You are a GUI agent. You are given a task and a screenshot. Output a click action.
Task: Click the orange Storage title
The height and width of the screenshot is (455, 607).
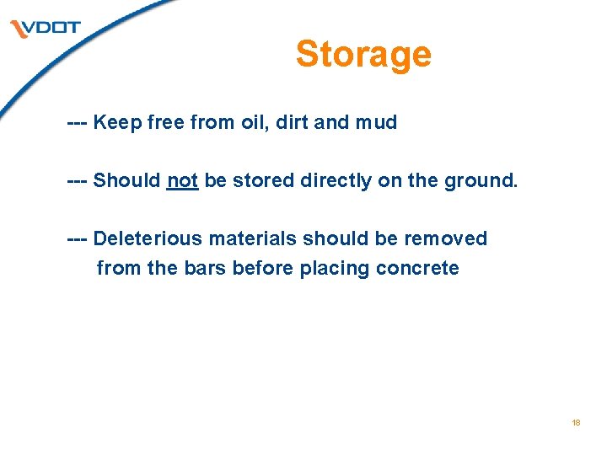tap(363, 54)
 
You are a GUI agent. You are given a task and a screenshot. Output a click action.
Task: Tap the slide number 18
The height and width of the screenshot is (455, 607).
tap(576, 423)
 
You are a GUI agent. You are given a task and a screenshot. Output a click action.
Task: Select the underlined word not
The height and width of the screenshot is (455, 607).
tap(182, 180)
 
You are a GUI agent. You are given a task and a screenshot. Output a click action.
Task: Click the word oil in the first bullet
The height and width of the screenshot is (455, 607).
tap(251, 122)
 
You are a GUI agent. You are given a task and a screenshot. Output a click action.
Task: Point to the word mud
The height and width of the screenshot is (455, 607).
tap(376, 122)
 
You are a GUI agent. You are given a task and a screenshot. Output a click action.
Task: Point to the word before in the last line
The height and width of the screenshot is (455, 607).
tap(260, 269)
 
